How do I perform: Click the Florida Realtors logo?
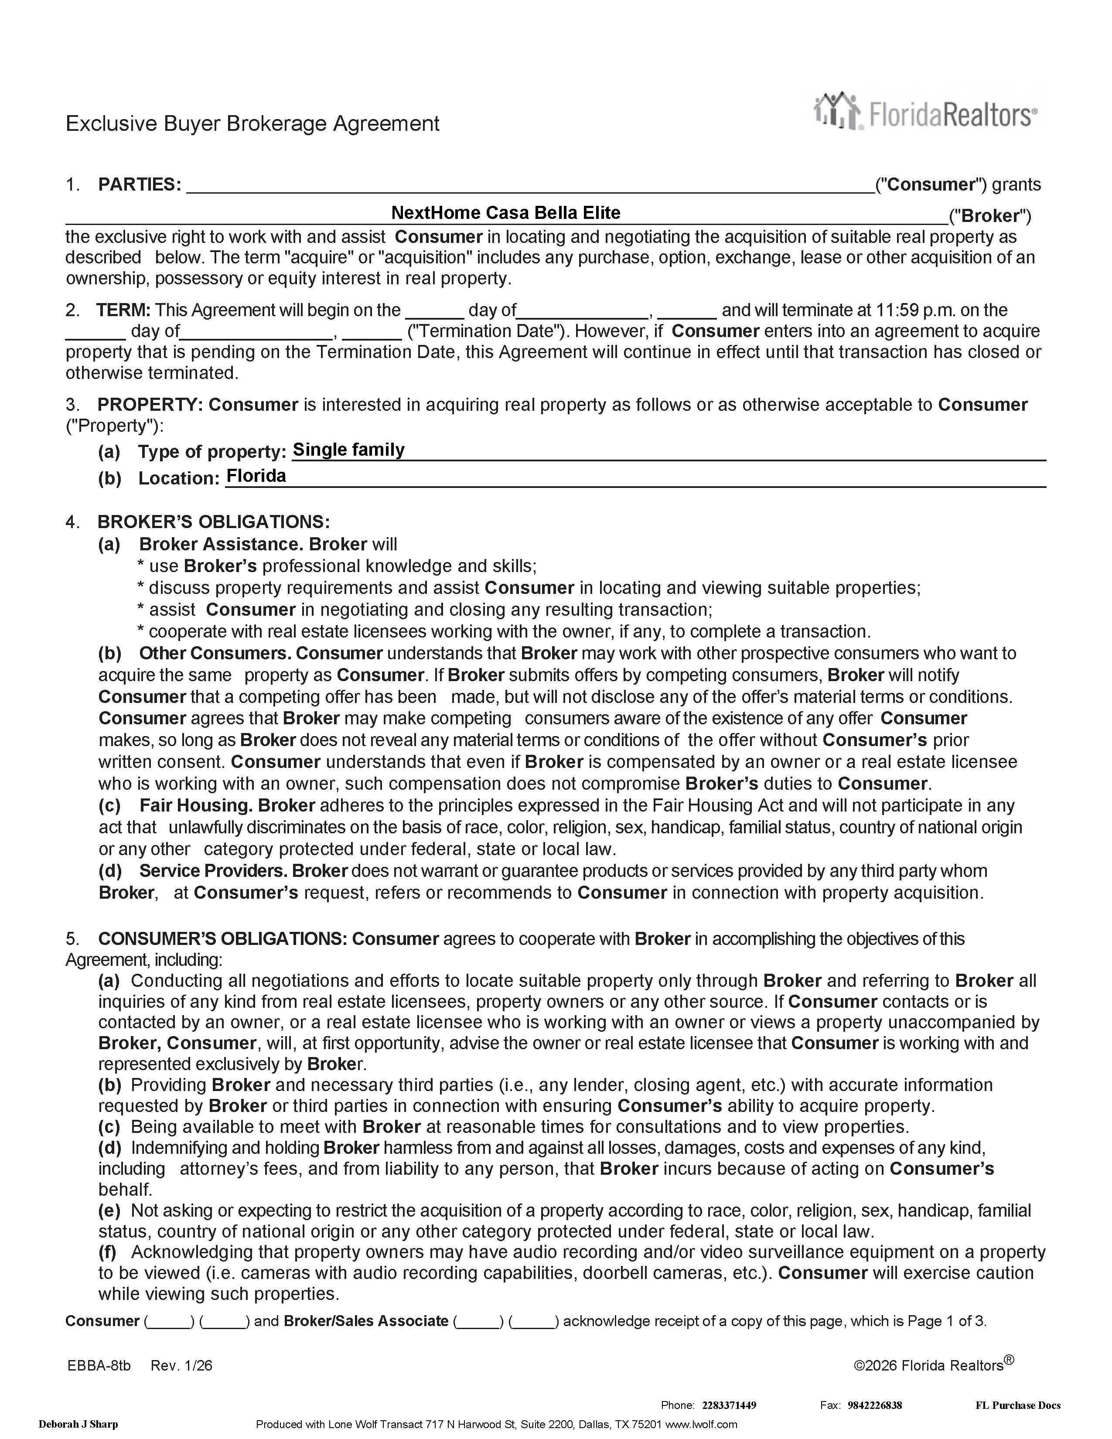(925, 112)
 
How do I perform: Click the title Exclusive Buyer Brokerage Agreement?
(252, 124)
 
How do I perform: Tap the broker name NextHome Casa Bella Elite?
(505, 213)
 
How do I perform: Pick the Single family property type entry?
(348, 450)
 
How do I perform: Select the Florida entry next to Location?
(256, 476)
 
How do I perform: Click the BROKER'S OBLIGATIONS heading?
(213, 522)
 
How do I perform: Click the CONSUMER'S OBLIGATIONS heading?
(222, 938)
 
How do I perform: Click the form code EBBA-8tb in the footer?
(99, 1365)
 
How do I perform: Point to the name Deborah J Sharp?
(78, 1425)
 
